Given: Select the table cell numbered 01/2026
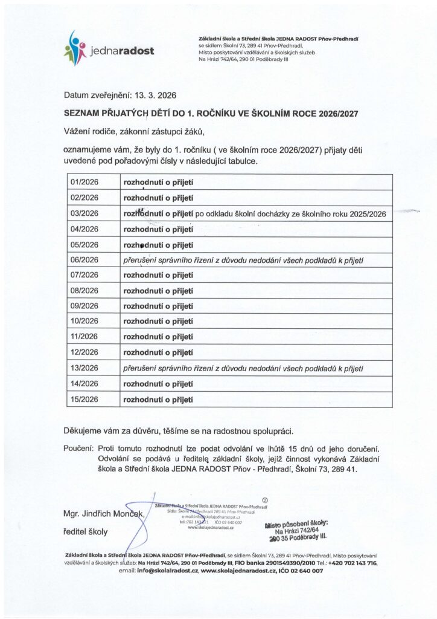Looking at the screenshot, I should [x=85, y=181].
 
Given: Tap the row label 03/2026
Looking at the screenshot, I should [x=85, y=213].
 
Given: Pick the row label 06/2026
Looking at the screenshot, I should [x=85, y=260].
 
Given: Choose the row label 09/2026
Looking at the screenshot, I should [x=85, y=306].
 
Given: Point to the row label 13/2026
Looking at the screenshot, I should [x=85, y=368].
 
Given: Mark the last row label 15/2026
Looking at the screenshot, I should [x=85, y=399].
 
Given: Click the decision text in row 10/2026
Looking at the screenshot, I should [x=158, y=321].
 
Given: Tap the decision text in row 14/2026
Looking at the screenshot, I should [x=158, y=383].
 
